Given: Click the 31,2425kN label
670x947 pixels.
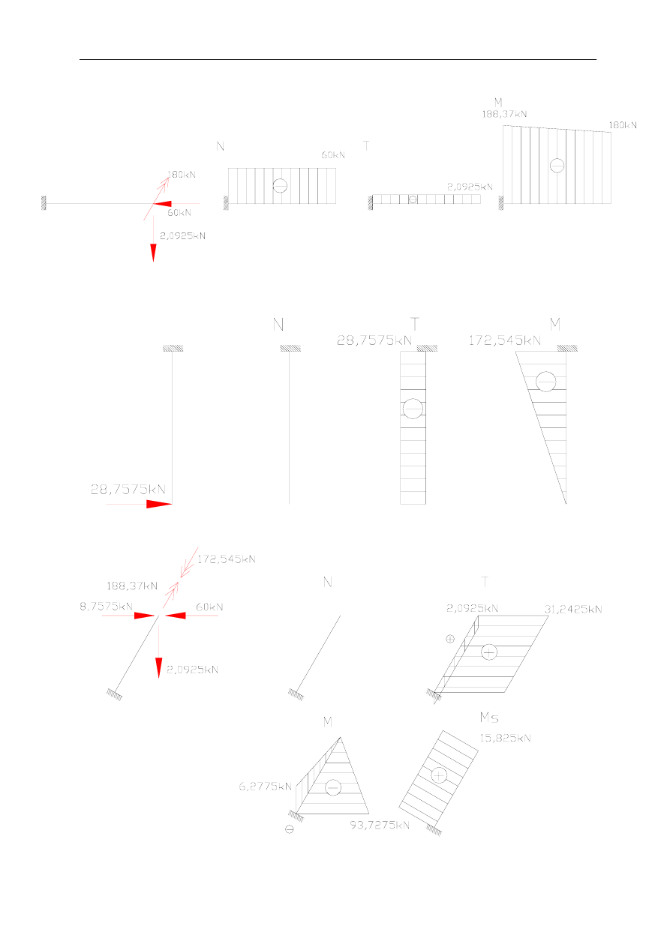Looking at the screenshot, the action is click(x=573, y=609).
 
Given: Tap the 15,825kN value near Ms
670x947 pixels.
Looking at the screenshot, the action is click(x=505, y=738).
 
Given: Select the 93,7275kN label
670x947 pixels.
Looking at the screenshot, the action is click(x=380, y=825).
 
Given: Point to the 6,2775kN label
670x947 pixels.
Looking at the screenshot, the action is click(x=265, y=787).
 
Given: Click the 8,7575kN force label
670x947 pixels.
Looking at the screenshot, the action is click(x=107, y=607).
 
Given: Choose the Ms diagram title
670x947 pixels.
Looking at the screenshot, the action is click(x=489, y=718).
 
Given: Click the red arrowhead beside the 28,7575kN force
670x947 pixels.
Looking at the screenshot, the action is click(x=159, y=504).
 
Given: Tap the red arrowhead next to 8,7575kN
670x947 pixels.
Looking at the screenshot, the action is click(x=145, y=616).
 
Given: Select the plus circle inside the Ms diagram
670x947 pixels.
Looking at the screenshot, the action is click(x=439, y=776).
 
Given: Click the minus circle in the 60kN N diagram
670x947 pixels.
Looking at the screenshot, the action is click(x=280, y=186).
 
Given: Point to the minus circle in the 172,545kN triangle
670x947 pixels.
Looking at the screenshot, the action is click(x=545, y=382).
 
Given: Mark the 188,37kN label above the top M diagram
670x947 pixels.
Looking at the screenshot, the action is click(x=504, y=114).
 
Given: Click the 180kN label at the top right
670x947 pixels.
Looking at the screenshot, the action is click(x=623, y=125).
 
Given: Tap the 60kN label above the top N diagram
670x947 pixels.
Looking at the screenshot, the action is click(x=333, y=155).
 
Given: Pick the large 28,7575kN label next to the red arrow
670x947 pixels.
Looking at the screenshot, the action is click(x=128, y=490).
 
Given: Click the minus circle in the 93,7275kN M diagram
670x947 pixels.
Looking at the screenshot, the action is click(x=333, y=787).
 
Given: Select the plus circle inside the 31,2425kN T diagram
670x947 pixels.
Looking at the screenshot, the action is click(x=489, y=652).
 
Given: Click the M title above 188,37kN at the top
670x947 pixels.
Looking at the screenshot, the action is click(x=498, y=102).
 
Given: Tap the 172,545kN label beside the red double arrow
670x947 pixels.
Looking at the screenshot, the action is click(x=227, y=559).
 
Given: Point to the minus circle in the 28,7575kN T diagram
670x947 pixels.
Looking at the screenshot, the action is click(x=413, y=409).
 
